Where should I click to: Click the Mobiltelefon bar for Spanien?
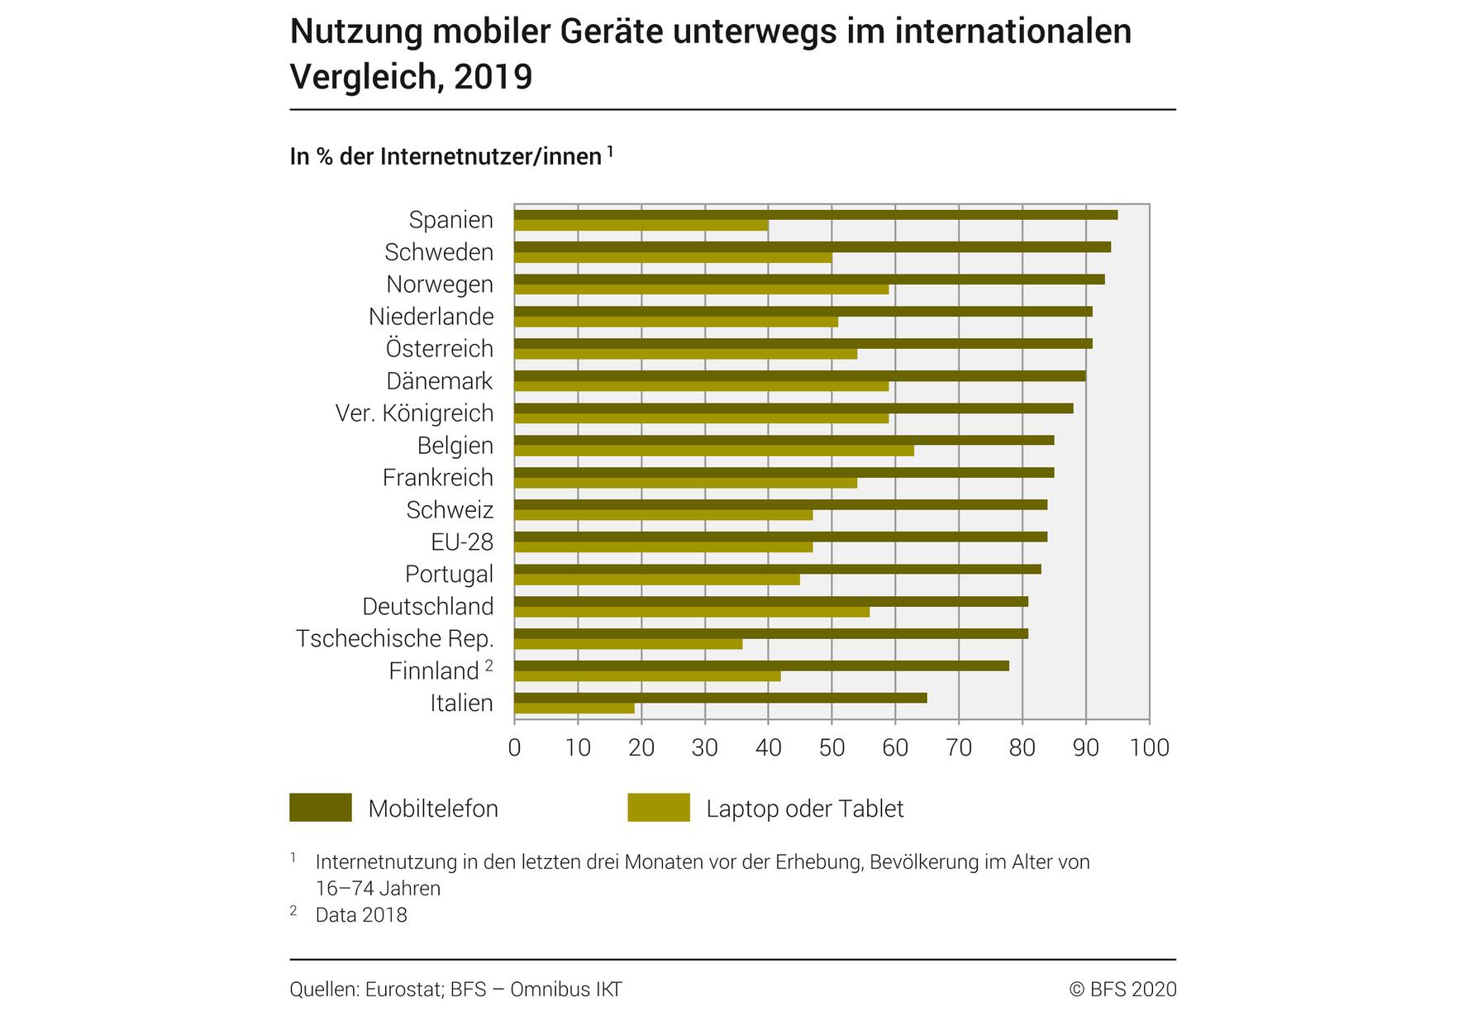coord(815,215)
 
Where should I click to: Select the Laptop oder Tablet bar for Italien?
coord(574,708)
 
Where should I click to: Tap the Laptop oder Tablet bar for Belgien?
coord(713,451)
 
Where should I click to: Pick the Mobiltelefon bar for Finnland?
coord(761,666)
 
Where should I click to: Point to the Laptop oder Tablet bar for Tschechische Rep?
coord(628,644)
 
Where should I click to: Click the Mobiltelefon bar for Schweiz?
coord(780,504)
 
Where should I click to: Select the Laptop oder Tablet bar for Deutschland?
coord(691,612)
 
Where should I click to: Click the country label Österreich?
coord(439,349)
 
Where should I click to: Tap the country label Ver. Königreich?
coord(414,413)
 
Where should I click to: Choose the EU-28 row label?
coord(461,542)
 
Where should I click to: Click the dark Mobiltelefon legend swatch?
coord(320,808)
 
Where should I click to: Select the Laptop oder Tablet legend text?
coord(804,809)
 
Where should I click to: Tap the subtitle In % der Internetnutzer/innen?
coord(446,156)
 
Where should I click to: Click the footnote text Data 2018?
coord(361,915)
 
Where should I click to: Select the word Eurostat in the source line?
coord(403,990)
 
